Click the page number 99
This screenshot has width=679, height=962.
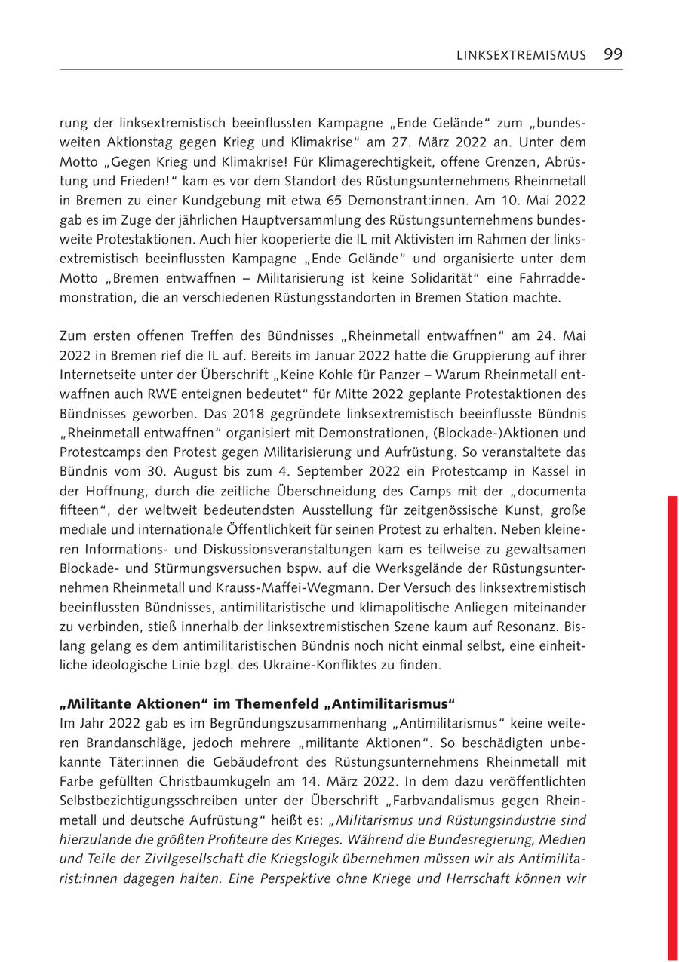click(613, 54)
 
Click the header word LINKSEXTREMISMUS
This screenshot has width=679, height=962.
click(521, 55)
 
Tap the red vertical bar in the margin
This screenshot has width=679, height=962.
click(672, 724)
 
